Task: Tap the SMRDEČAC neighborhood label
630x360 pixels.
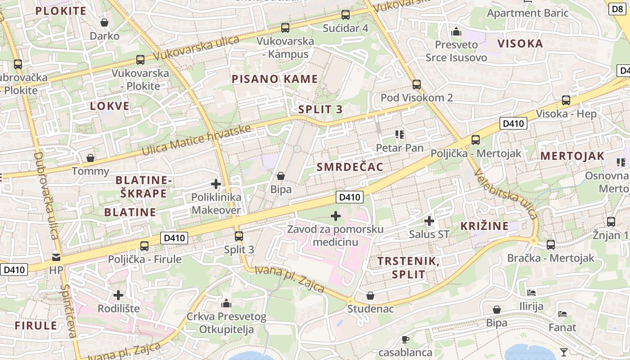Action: pyautogui.click(x=350, y=167)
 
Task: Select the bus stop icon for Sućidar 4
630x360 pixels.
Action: pyautogui.click(x=346, y=15)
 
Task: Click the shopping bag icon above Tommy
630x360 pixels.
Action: pyautogui.click(x=90, y=158)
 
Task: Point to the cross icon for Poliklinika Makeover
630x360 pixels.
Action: pyautogui.click(x=216, y=184)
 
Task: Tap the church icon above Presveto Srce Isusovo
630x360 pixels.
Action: pyautogui.click(x=456, y=32)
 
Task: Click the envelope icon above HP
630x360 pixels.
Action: pyautogui.click(x=56, y=257)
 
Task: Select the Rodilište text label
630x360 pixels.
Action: pyautogui.click(x=119, y=309)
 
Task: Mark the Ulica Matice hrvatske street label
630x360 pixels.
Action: pyautogui.click(x=196, y=140)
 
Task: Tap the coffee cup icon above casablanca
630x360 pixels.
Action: pyautogui.click(x=405, y=339)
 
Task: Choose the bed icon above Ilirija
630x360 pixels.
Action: pyautogui.click(x=531, y=293)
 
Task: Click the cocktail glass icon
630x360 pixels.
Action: pyautogui.click(x=564, y=352)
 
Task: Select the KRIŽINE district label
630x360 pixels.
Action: pyautogui.click(x=484, y=226)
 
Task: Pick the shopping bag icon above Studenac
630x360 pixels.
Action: pyautogui.click(x=370, y=296)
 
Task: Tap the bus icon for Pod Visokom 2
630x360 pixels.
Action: pyautogui.click(x=417, y=85)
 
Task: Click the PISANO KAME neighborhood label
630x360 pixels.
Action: pyautogui.click(x=274, y=79)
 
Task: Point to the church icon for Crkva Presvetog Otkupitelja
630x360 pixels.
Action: pyautogui.click(x=226, y=304)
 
